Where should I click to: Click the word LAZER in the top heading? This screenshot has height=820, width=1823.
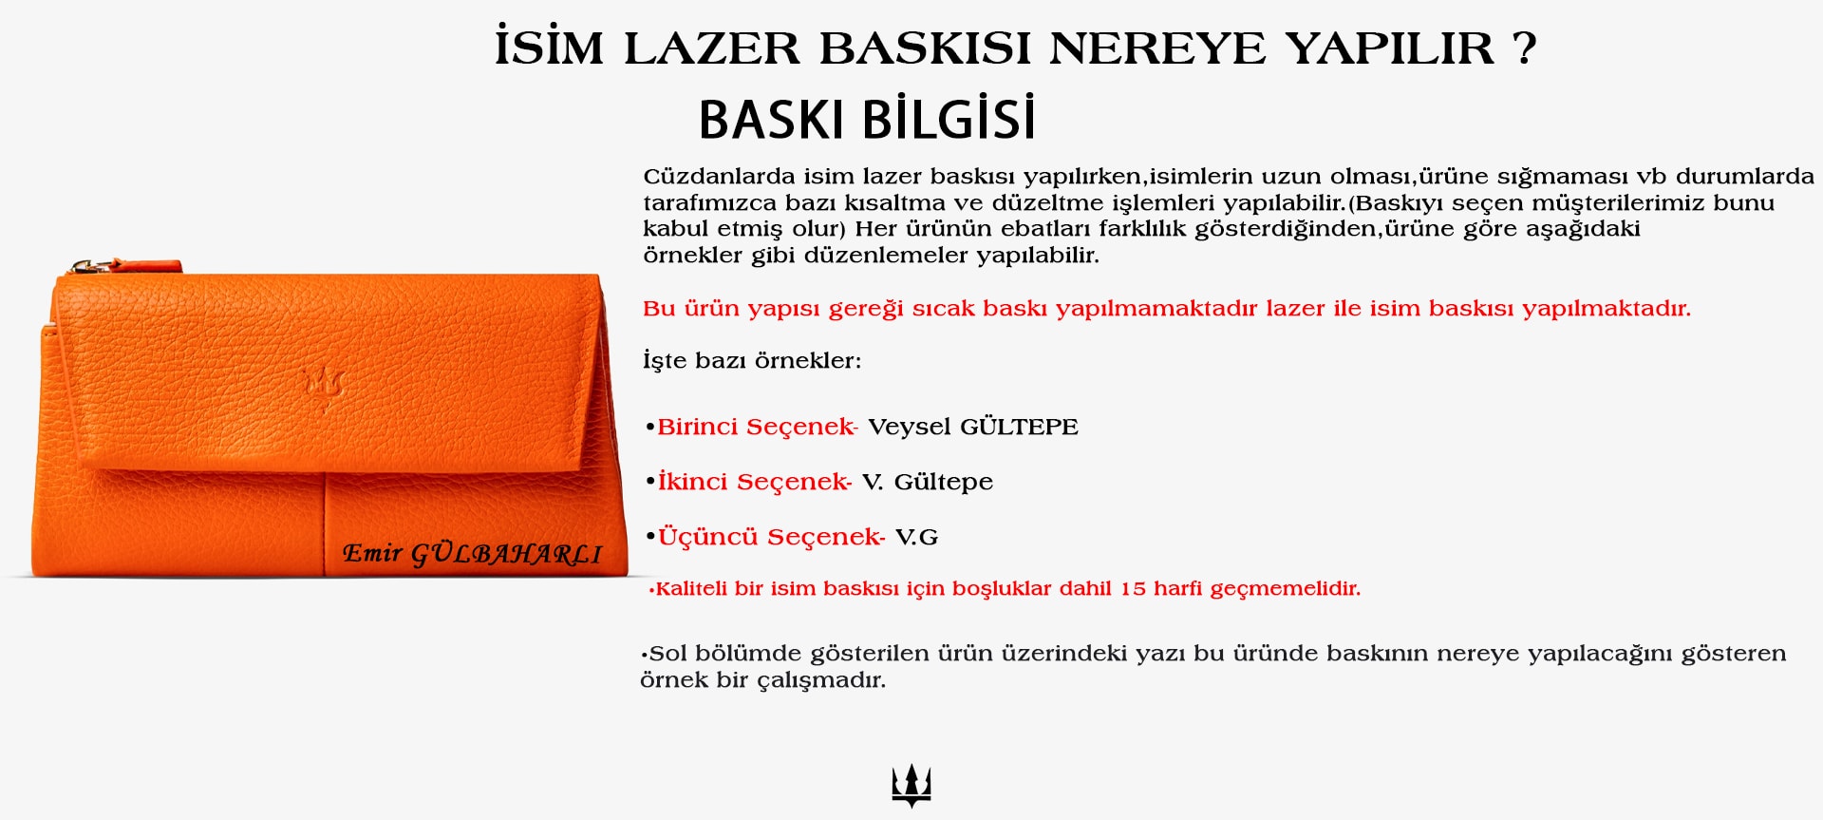click(x=712, y=48)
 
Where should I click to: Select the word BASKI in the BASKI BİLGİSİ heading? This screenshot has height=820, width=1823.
click(x=771, y=120)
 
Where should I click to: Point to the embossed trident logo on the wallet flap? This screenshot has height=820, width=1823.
click(x=324, y=386)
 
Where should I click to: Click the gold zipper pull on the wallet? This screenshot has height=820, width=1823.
click(x=90, y=266)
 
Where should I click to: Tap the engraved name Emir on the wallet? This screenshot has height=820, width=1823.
click(x=372, y=552)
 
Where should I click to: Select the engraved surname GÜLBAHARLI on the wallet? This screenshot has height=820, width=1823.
click(x=506, y=553)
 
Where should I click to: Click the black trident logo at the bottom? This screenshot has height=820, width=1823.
click(x=911, y=786)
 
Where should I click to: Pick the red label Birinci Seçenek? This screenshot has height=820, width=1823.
click(x=757, y=427)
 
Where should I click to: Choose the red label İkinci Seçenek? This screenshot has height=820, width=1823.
click(x=754, y=482)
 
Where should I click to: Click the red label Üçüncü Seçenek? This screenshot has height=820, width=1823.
click(x=771, y=536)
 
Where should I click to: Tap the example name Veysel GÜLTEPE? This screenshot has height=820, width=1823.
click(x=973, y=427)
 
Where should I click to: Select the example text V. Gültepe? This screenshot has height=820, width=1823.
click(x=928, y=483)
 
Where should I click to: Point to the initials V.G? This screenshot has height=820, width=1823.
click(x=916, y=538)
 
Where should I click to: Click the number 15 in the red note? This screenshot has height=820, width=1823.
click(x=1133, y=589)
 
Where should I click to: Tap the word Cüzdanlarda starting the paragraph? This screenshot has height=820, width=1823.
click(x=719, y=177)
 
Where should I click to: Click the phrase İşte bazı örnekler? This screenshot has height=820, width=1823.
click(x=752, y=360)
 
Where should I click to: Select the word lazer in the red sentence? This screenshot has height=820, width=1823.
click(x=1294, y=309)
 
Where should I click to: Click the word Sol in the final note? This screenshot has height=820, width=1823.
click(x=667, y=654)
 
